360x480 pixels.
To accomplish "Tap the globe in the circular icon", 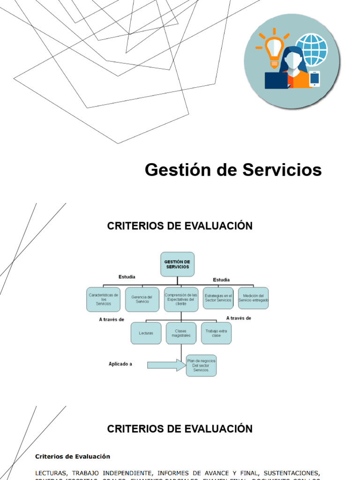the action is [312, 49].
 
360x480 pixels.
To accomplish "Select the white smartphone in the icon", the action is [314, 79].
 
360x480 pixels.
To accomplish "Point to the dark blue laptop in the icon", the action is [276, 81].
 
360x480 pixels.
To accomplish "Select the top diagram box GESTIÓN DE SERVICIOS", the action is [177, 264].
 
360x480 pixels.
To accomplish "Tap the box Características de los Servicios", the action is [103, 299].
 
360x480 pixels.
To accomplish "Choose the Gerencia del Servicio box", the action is [142, 299].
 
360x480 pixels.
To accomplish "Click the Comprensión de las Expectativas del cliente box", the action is [180, 299].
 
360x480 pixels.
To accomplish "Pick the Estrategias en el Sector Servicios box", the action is [218, 298].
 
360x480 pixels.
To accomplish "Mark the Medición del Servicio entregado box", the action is [253, 298].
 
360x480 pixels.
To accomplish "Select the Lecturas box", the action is [146, 333].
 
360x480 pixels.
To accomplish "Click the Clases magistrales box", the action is [181, 333].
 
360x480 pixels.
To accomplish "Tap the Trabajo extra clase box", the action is [216, 333].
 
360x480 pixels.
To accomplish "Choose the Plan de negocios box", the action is [201, 365].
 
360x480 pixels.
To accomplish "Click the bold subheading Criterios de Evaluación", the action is [73, 456].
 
